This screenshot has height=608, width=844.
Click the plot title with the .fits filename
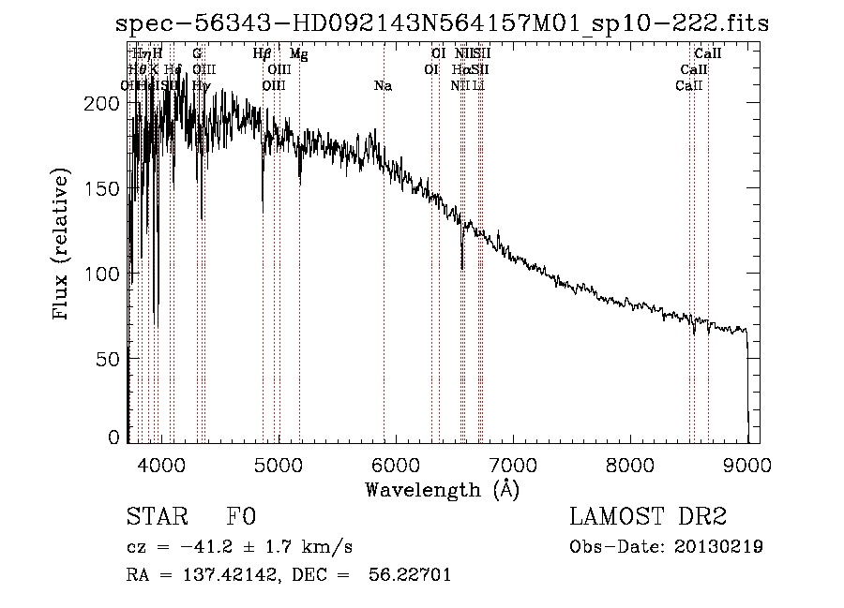441,23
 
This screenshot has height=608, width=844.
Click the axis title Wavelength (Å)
442,489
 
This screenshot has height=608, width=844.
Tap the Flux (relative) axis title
63,245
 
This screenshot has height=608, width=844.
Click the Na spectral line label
383,86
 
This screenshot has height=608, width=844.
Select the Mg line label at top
298,54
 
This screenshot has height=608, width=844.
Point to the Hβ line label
263,54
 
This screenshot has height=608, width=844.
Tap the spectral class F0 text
240,518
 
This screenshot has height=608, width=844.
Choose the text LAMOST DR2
648,518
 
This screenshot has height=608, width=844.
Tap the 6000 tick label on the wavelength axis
396,464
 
